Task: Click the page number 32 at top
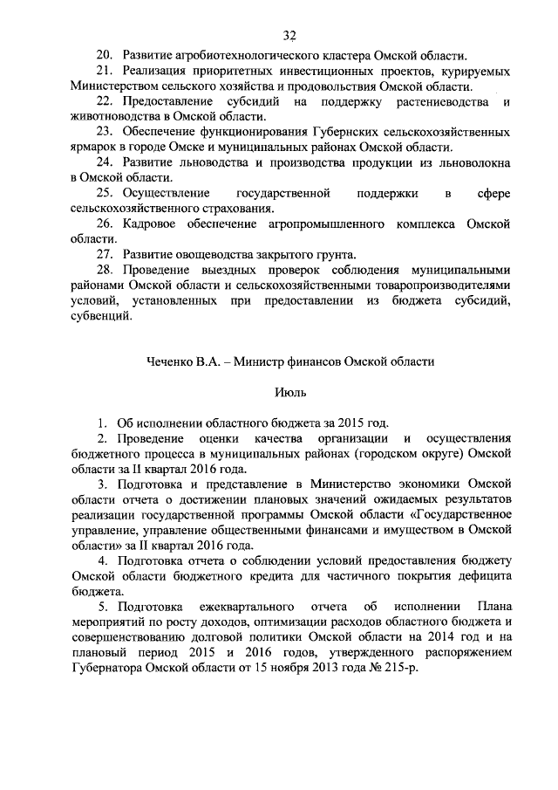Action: point(290,35)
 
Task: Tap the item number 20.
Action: point(105,55)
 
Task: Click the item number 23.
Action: point(105,132)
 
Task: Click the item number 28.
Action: point(105,271)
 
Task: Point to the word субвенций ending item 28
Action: point(101,315)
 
